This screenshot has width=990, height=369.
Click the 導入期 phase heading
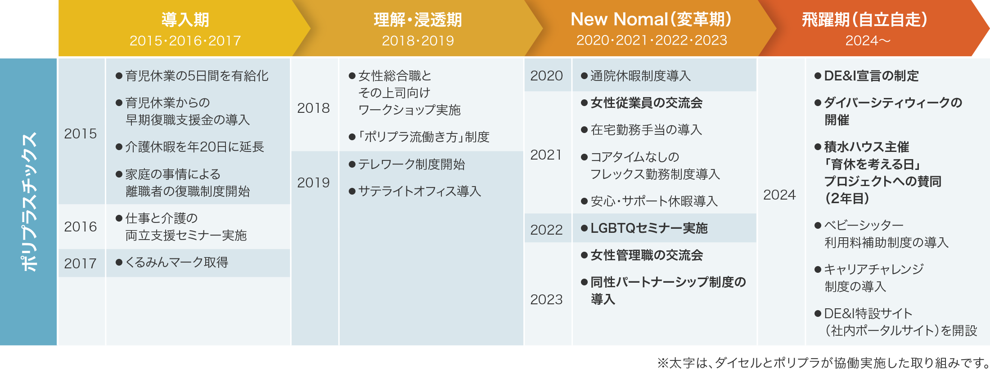185,20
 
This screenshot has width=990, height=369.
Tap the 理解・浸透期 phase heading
418,20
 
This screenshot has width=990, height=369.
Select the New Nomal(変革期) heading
651,19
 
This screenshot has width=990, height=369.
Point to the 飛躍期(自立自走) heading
865,20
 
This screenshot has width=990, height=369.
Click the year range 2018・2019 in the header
418,41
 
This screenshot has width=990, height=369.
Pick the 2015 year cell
81,133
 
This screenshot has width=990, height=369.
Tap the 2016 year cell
81,227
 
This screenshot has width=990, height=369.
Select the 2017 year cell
81,263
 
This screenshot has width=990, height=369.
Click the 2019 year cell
314,182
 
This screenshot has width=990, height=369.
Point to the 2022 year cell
546,230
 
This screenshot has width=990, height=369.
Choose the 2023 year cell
546,299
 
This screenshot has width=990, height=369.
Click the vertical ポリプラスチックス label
29,202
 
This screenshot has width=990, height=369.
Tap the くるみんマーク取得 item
172,262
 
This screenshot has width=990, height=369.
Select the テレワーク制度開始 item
407,164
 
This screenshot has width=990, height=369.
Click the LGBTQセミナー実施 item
644,228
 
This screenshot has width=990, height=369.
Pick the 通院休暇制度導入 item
636,76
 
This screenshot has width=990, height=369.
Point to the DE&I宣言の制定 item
867,76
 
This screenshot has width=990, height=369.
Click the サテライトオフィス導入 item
415,191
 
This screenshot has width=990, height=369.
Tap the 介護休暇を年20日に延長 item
190,147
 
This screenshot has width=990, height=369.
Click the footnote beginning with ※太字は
823,362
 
